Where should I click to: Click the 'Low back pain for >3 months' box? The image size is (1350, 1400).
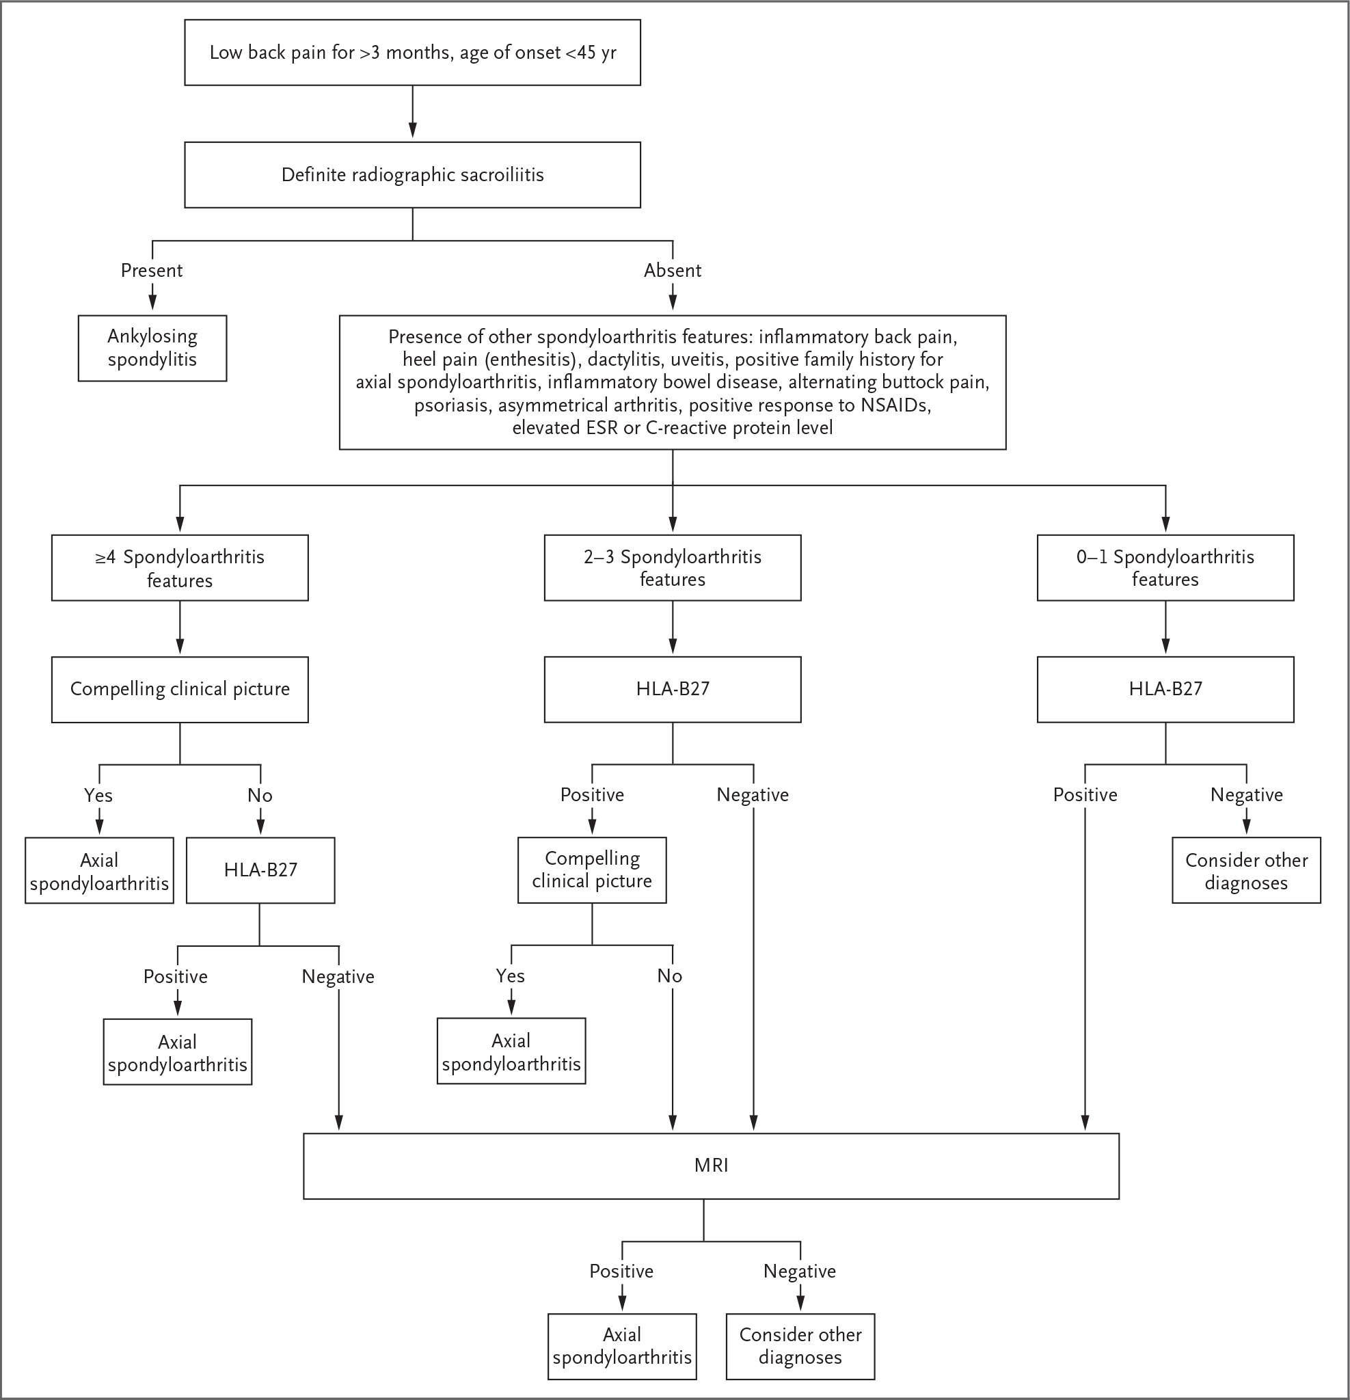pos(412,53)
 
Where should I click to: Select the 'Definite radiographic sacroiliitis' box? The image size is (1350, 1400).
pos(412,175)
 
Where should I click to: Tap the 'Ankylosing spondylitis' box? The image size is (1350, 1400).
pos(152,348)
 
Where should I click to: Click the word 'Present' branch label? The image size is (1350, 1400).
pos(152,270)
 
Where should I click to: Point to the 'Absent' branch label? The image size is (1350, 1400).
pos(672,270)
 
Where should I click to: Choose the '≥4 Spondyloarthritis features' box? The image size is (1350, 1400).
pos(180,568)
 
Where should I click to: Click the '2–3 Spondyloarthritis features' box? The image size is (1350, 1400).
pos(672,568)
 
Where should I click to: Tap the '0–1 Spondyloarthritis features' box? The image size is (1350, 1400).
pos(1165,568)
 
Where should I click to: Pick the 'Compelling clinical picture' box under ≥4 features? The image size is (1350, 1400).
pos(180,689)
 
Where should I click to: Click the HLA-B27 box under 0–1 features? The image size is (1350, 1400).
pos(1165,689)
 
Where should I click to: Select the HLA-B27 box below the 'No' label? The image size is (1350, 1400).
pos(260,870)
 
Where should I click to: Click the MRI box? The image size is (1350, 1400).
pos(711,1166)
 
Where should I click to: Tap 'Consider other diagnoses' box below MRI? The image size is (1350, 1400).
pos(800,1347)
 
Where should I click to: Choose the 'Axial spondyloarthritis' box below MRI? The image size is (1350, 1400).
pos(621,1347)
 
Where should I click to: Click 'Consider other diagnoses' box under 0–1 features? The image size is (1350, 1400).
pos(1246,870)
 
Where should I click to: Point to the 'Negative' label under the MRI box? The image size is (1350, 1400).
pos(799,1271)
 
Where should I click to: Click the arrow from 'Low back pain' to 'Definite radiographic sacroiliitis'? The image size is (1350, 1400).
pos(412,111)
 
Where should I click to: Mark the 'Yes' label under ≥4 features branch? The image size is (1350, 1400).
pos(98,795)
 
